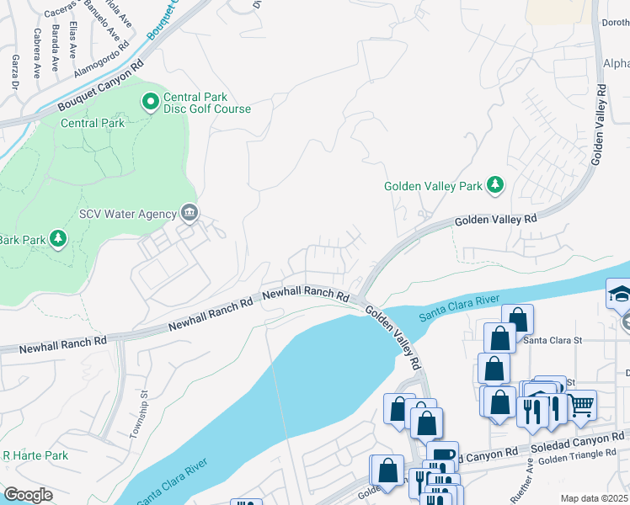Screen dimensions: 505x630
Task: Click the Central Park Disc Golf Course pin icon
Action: pos(151,102)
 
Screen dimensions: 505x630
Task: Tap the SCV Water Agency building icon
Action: pos(190,214)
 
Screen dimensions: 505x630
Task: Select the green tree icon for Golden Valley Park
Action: pos(497,184)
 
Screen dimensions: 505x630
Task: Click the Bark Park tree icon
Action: pos(58,240)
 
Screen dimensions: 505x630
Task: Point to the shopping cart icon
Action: pos(582,405)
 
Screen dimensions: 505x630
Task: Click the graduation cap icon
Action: pos(619,295)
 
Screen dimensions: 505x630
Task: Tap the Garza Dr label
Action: pos(14,72)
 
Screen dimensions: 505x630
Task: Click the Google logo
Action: pos(28,495)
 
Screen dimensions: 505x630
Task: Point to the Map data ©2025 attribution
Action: pos(594,498)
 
